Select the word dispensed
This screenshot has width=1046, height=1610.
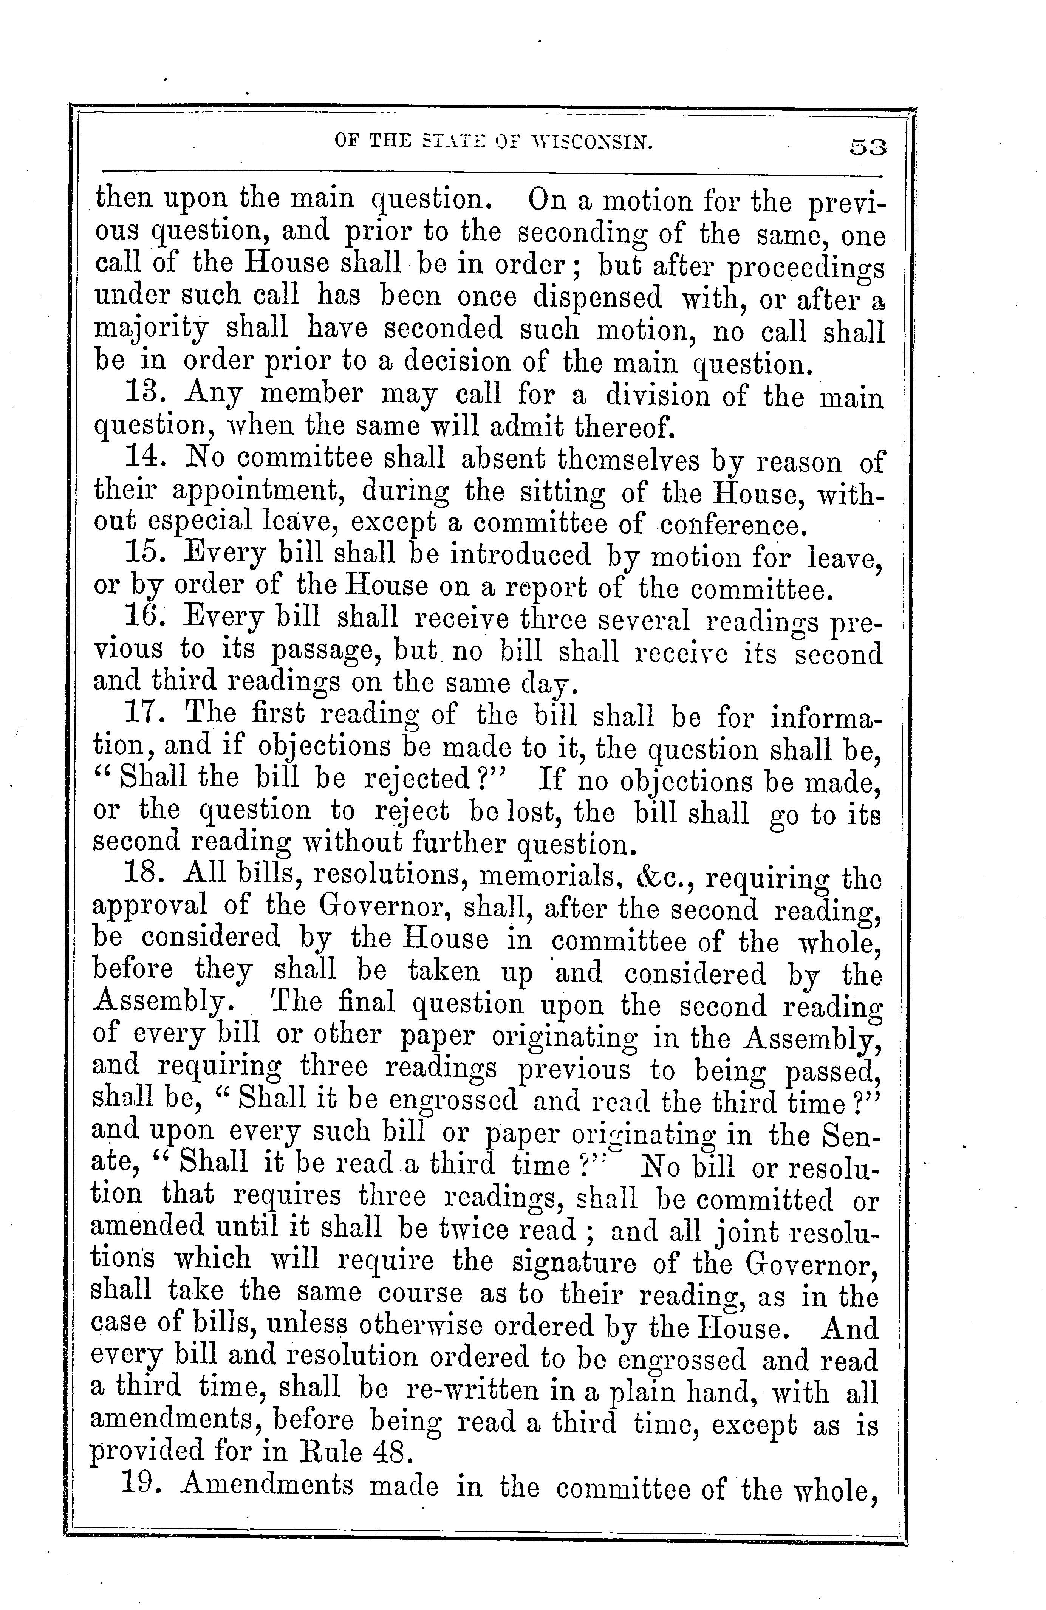(596, 298)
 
